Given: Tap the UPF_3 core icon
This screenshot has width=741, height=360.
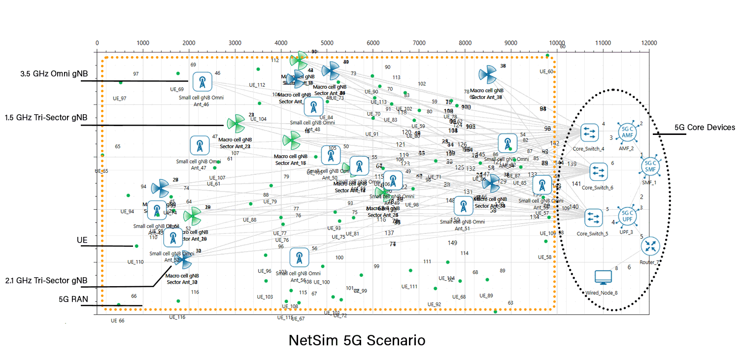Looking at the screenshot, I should click(x=627, y=216).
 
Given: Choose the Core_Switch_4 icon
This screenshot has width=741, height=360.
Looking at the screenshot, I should click(x=589, y=132).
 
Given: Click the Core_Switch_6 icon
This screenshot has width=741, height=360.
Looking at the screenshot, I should click(x=599, y=171).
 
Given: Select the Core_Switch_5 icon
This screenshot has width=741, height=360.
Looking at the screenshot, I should click(x=593, y=217).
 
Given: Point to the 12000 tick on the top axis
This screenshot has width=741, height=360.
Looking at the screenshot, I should click(x=649, y=43).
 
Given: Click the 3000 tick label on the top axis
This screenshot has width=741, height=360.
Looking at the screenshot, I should click(x=235, y=43).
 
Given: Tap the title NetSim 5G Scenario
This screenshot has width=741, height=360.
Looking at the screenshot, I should click(x=357, y=340).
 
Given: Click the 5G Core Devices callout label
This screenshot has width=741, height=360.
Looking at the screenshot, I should click(x=705, y=128).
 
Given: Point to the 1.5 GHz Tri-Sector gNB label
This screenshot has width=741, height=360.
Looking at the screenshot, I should click(x=46, y=118).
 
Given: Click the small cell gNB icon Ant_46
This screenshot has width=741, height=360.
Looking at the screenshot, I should click(x=202, y=82).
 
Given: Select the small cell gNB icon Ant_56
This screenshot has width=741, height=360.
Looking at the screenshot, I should click(x=299, y=258).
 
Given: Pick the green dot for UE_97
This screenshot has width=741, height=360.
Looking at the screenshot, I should click(x=121, y=82).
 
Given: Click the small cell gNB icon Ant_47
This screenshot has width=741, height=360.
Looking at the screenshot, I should click(x=200, y=146).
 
